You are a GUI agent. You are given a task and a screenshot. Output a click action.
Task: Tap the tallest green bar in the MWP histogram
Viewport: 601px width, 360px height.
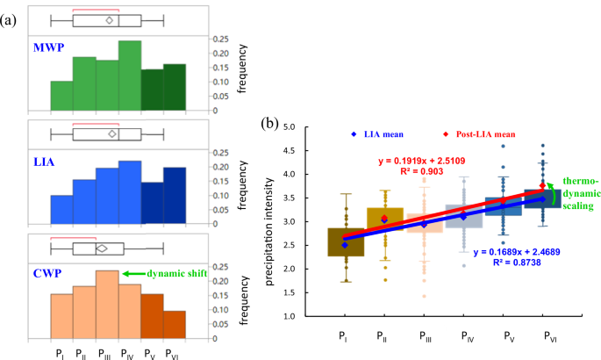point(130,76)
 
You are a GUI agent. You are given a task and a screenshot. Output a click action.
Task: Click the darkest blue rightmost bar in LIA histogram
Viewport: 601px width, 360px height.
point(174,195)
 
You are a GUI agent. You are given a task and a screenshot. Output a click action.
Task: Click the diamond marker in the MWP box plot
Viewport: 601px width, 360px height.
point(109,19)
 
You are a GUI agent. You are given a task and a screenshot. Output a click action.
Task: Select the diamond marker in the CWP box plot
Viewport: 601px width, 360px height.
point(102,248)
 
